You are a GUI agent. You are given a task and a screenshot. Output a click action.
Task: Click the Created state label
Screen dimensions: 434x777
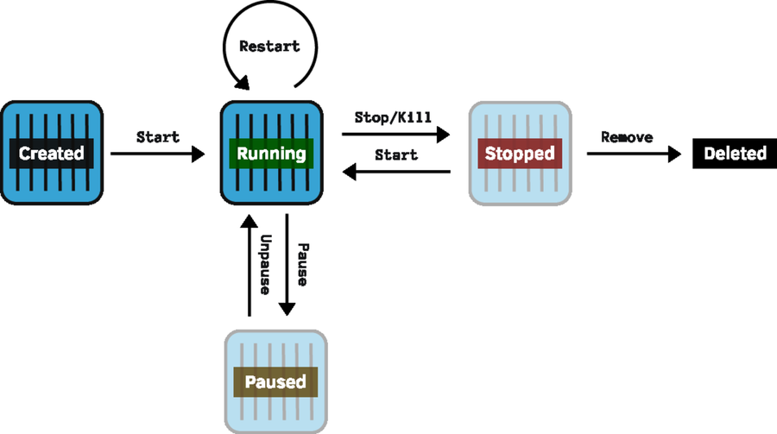point(52,154)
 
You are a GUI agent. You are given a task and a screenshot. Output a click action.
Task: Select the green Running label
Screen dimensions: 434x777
point(271,154)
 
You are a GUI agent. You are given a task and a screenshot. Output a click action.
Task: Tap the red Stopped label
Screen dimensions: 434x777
point(519,154)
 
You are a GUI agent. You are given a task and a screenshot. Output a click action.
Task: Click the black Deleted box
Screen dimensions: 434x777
point(735,154)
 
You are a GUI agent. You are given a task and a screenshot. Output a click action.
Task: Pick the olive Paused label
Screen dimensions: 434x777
point(275,381)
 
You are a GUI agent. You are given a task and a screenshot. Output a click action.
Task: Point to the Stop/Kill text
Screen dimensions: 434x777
point(394,116)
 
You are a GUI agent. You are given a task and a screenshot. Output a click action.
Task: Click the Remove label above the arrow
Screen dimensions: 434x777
point(627,136)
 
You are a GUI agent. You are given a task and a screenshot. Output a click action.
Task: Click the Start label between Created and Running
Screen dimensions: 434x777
point(158,136)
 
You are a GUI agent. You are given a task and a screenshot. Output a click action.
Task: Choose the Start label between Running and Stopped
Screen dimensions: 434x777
point(395,155)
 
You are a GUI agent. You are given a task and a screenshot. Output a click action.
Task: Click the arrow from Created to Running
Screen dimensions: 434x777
point(158,154)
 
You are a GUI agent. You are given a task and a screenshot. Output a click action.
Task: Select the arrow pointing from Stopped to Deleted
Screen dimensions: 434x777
point(630,154)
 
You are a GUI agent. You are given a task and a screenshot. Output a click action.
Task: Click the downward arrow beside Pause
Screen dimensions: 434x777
point(287,267)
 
